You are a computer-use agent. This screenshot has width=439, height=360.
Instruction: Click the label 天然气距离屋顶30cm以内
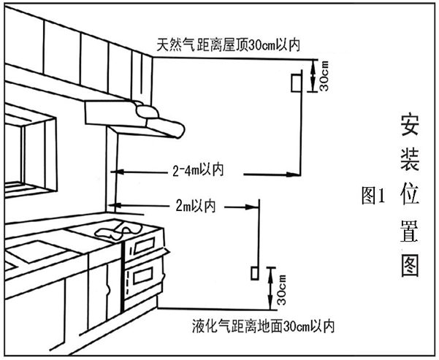point(229,45)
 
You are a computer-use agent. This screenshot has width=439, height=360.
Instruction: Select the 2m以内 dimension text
point(195,207)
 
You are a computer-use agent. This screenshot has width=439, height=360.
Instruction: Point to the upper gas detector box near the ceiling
point(295,83)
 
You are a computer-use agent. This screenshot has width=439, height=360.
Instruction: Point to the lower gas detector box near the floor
point(253,273)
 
